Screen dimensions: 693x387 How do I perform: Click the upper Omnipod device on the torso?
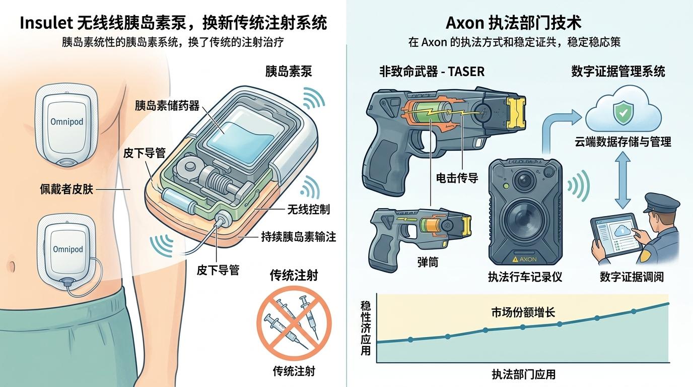pos(66,125)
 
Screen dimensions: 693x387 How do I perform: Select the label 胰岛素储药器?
pos(167,106)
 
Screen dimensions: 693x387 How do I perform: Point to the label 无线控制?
pos(308,209)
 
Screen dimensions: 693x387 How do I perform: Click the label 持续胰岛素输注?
pos(299,237)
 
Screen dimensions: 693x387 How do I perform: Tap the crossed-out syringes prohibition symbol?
pos(294,324)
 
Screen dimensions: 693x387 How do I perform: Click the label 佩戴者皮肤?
pos(66,189)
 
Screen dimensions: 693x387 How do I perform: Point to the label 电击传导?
pos(457,178)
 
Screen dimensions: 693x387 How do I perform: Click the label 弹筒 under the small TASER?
pos(428,262)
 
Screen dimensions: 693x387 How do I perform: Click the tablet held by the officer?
pos(615,237)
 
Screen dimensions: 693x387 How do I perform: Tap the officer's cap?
pos(662,203)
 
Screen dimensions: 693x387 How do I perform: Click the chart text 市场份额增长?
pos(523,312)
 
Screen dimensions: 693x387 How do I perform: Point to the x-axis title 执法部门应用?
pos(523,374)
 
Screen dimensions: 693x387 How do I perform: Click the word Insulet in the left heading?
pos(46,23)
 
